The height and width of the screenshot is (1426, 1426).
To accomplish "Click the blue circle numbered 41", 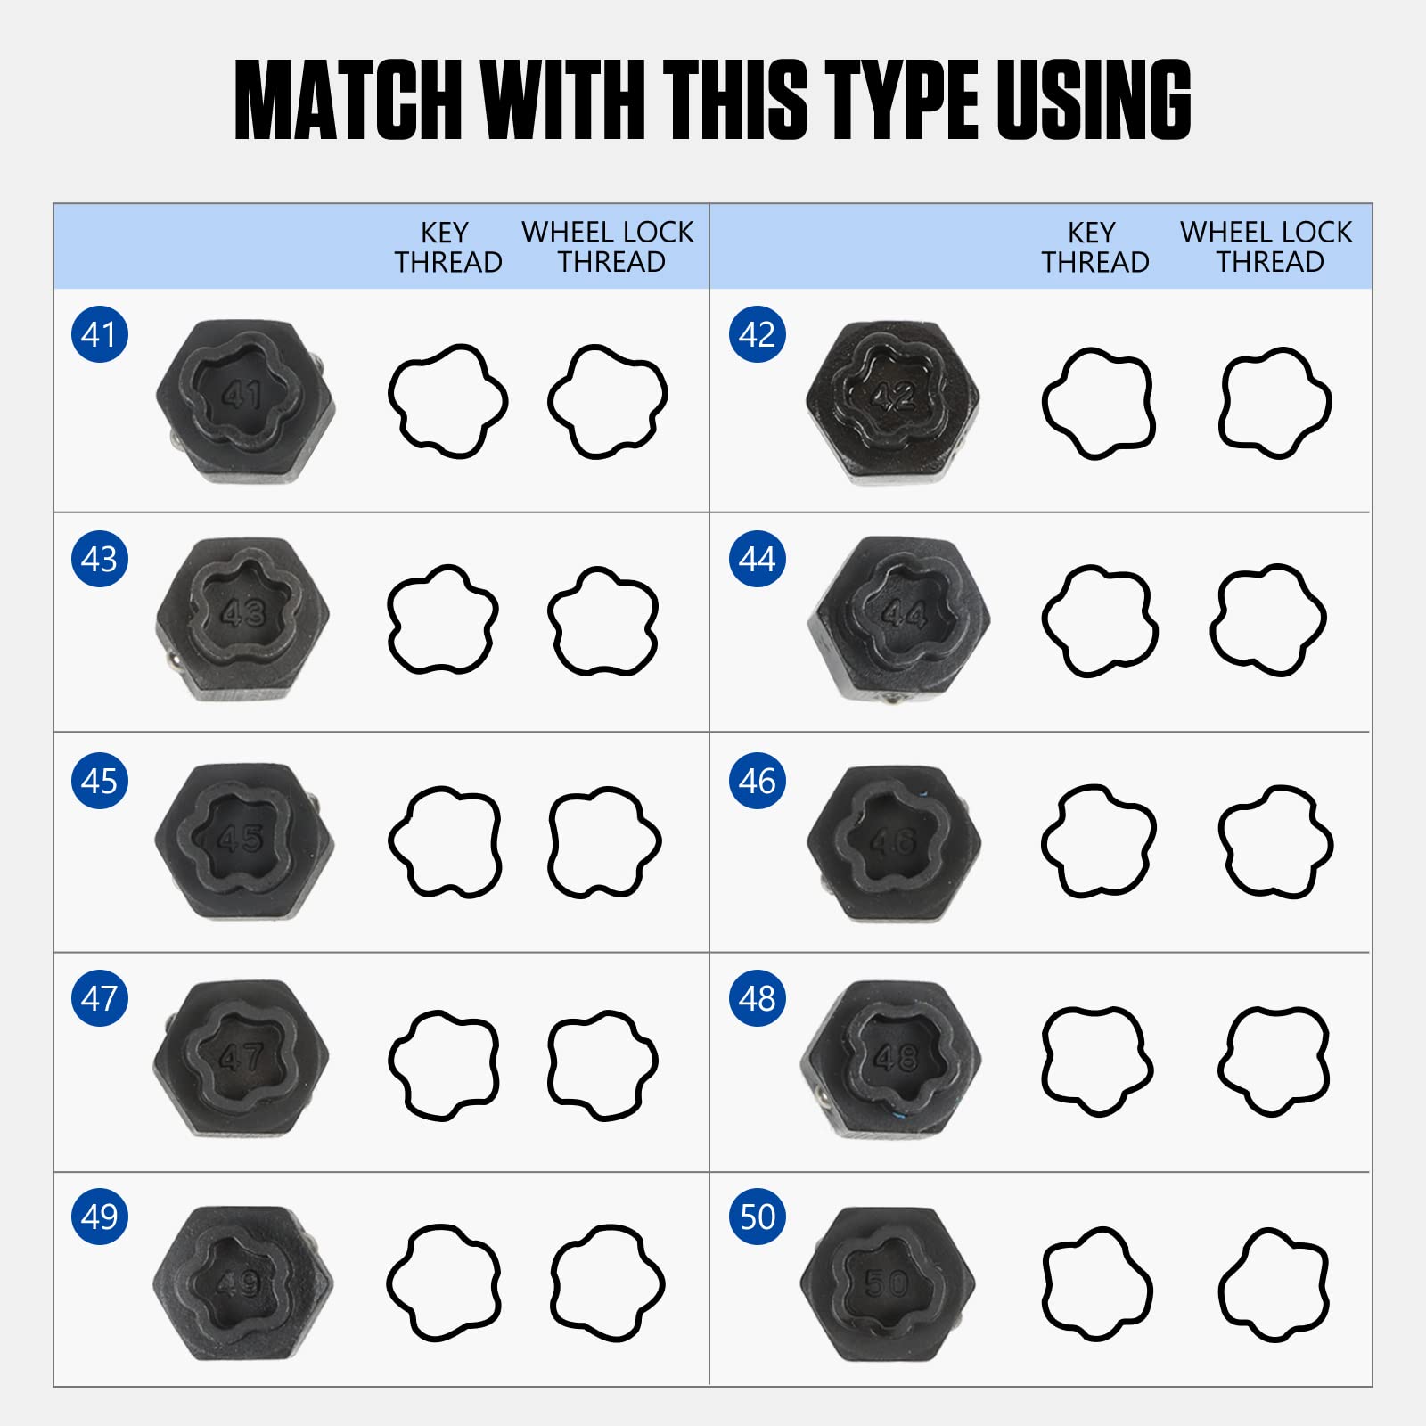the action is (x=100, y=334).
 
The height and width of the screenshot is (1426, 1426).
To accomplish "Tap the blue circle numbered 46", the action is (x=758, y=781).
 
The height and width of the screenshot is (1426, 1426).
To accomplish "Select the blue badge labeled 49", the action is (x=100, y=1216).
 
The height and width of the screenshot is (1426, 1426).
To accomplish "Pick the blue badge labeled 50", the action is (x=758, y=1216).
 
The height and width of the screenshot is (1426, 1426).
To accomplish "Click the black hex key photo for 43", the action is (x=243, y=618).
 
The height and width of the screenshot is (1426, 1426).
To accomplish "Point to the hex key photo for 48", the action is (x=891, y=1058).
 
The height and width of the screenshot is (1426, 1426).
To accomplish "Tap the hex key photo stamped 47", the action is (x=242, y=1058).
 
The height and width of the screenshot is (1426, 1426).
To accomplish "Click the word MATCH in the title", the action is (x=348, y=99).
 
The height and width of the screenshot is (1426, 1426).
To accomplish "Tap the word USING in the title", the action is (x=1094, y=99).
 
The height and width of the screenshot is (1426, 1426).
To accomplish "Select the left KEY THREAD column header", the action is (x=447, y=247).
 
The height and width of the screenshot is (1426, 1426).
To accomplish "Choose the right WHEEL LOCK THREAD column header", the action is (x=1266, y=247).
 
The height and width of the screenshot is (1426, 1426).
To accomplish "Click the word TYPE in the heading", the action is (x=902, y=99).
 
